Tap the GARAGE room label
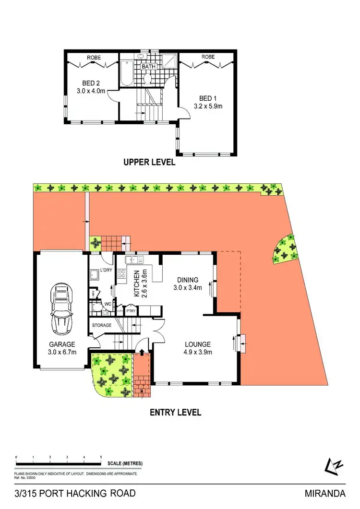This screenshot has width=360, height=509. point(61,344)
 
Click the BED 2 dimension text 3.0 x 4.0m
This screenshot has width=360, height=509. point(90,90)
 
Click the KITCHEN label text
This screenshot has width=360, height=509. point(136,283)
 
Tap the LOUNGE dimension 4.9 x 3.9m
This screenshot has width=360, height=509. point(198,352)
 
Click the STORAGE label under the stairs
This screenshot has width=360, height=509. point(102,325)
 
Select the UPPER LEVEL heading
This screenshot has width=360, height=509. point(149,163)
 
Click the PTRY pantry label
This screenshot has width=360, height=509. point(131,311)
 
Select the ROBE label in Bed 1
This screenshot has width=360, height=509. point(208,57)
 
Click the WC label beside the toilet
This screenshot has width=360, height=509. point(108,304)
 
